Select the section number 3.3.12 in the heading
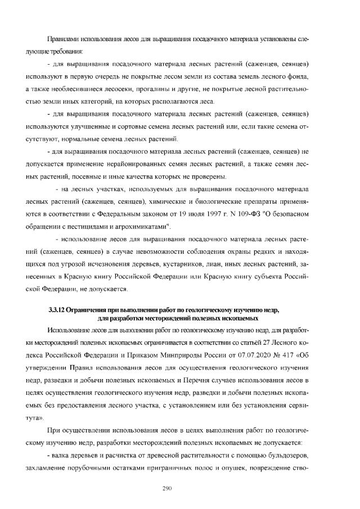pos(59,310)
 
